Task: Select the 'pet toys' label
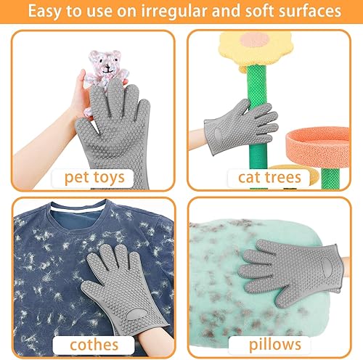point(95,176)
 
